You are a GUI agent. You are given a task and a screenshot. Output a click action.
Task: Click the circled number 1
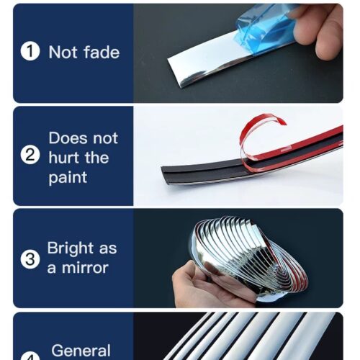point(30,51)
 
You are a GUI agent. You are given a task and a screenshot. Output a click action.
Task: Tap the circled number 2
point(30,156)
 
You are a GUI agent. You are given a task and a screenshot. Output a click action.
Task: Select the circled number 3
point(30,259)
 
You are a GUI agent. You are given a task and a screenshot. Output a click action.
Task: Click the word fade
point(101,52)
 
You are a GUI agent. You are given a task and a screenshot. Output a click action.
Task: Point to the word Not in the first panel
point(63,52)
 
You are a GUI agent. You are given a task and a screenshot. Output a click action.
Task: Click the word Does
point(68,138)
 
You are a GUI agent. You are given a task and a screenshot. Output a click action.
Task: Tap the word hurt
point(64,158)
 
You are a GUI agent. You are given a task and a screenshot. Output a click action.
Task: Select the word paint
point(68,178)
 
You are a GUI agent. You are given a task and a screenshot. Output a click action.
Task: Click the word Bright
point(70,249)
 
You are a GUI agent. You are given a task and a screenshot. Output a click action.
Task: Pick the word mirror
point(85,268)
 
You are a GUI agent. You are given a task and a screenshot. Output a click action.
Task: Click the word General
point(81,351)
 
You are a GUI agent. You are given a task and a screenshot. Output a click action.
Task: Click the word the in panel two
point(96,158)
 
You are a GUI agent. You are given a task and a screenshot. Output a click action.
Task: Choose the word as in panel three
point(108,249)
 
